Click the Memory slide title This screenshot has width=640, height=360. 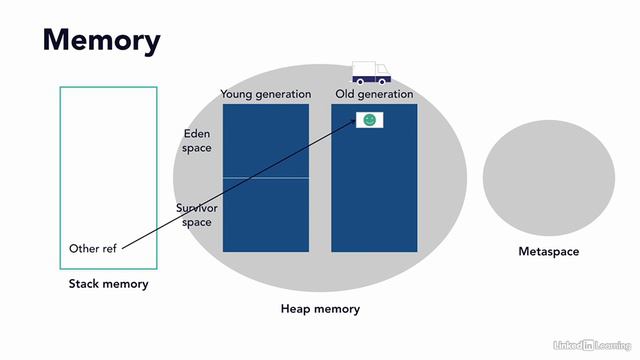pyautogui.click(x=101, y=41)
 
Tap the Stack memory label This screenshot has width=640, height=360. pyautogui.click(x=108, y=284)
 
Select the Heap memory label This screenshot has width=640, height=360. pyautogui.click(x=320, y=309)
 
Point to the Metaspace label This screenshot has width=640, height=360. pyautogui.click(x=548, y=252)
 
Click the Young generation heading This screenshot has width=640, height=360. pyautogui.click(x=265, y=94)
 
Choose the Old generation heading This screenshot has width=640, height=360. pyautogui.click(x=373, y=94)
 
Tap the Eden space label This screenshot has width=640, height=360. pyautogui.click(x=198, y=141)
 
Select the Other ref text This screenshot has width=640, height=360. pyautogui.click(x=92, y=248)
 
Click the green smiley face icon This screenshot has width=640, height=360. pyautogui.click(x=370, y=120)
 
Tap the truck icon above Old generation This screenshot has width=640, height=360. pyautogui.click(x=370, y=72)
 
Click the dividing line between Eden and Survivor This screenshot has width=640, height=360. pyautogui.click(x=265, y=178)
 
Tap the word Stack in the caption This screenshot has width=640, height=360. pyautogui.click(x=85, y=284)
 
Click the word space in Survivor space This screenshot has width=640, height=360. pyautogui.click(x=198, y=222)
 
